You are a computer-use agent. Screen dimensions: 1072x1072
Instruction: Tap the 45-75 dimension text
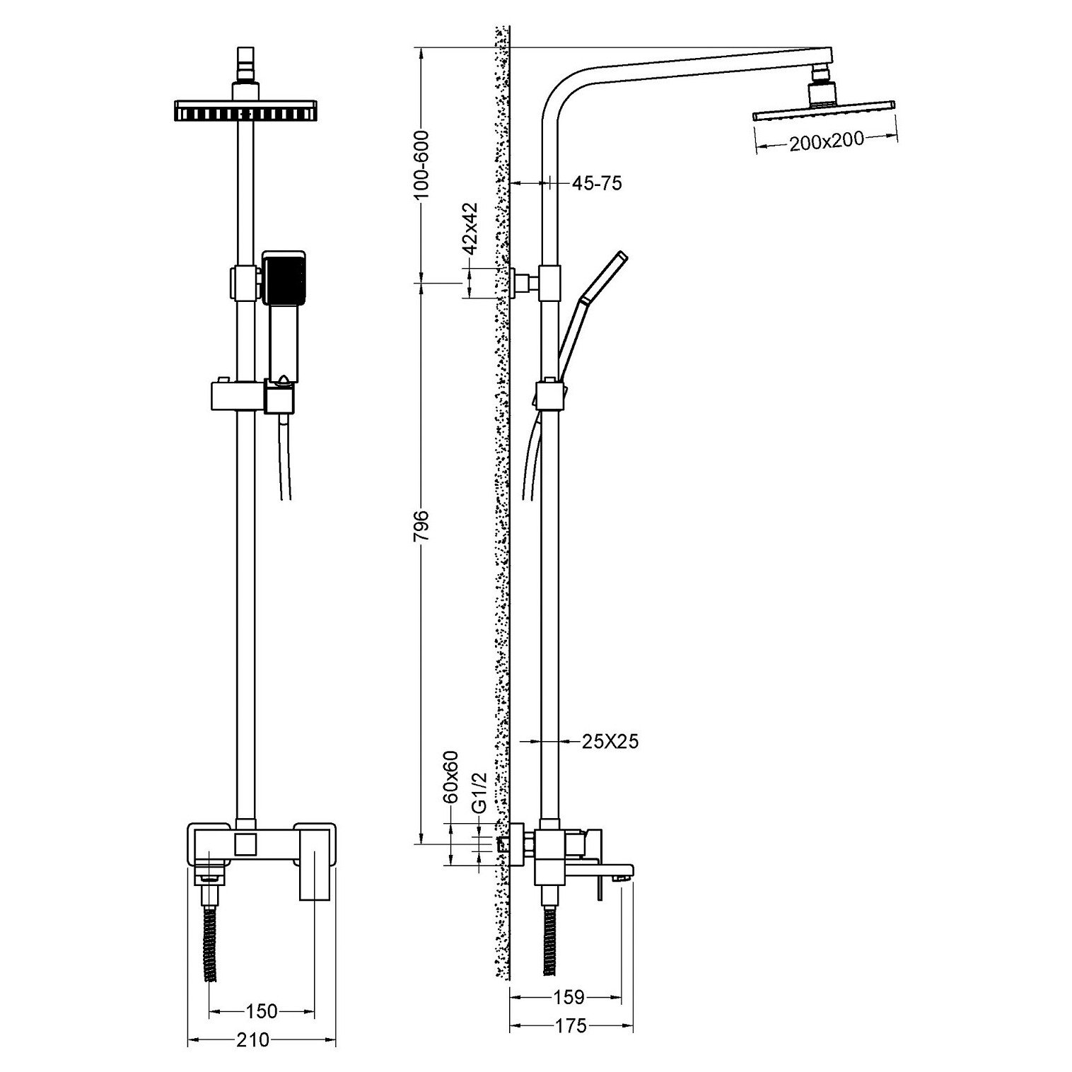click(x=596, y=183)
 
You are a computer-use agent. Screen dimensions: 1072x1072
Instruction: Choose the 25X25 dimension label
click(x=610, y=741)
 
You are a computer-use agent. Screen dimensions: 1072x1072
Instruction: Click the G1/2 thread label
click(x=479, y=792)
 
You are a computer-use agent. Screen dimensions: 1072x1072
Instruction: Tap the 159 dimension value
click(x=569, y=997)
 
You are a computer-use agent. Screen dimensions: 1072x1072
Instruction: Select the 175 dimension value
click(x=571, y=1025)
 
